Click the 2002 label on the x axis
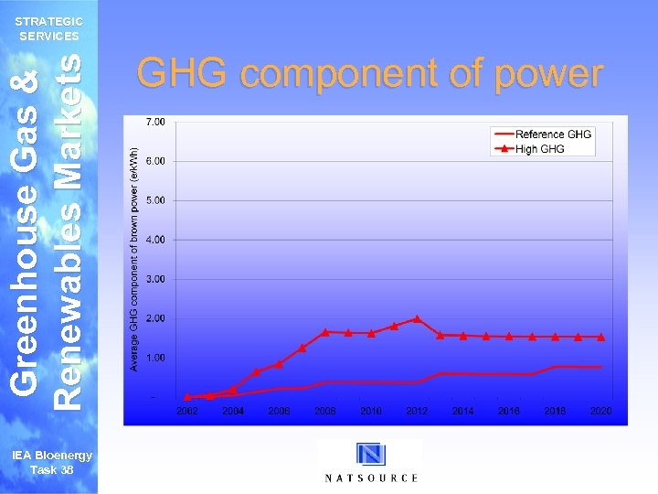point(186,413)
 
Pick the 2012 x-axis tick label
point(417,413)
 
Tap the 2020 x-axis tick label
point(600,413)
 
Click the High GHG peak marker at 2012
point(417,318)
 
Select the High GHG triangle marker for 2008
point(325,331)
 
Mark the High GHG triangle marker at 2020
point(600,337)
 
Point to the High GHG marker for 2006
point(279,364)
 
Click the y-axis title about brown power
point(133,259)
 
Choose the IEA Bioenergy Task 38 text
point(51,461)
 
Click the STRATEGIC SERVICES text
point(50,28)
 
